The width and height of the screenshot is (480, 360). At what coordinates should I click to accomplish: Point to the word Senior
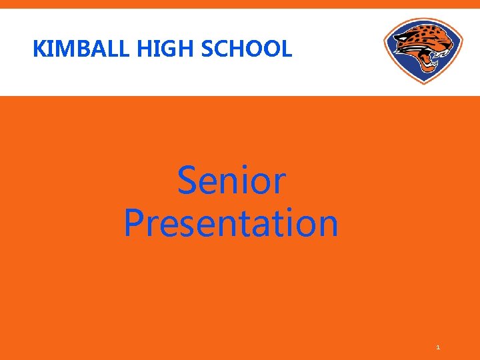231,181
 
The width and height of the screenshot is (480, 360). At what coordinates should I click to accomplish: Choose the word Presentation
231,223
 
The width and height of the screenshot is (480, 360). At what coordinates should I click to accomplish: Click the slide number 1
438,347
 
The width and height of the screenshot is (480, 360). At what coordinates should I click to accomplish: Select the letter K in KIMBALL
39,49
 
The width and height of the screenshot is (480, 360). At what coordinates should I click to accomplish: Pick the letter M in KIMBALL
61,49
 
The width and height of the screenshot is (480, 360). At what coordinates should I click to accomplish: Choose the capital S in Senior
188,181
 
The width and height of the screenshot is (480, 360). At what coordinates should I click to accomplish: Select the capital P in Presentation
134,223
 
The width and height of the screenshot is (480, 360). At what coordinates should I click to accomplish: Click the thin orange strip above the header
240,4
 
